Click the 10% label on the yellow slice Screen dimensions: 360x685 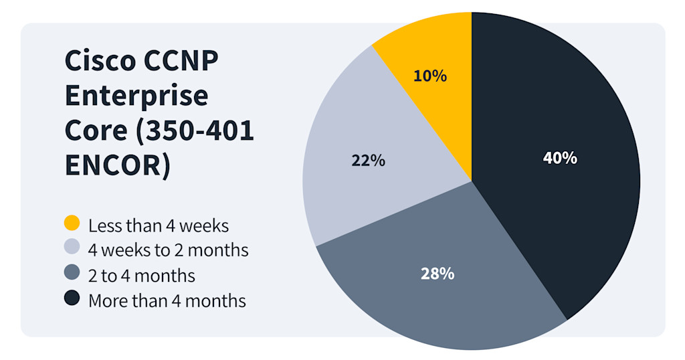tap(430, 76)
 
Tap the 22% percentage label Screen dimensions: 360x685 tap(368, 161)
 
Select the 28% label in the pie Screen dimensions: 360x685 tap(437, 273)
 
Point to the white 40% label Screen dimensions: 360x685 tap(560, 159)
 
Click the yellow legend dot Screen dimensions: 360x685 tap(72, 223)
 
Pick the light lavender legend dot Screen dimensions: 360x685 tap(72, 248)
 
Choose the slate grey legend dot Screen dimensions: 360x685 tap(72, 274)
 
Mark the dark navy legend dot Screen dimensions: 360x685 tap(72, 299)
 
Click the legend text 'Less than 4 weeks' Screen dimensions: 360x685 tap(159, 226)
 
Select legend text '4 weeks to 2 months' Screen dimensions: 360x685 tap(169, 250)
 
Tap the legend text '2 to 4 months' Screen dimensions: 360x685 tap(142, 276)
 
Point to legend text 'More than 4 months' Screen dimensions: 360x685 tap(167, 301)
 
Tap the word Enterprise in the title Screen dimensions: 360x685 tap(136, 96)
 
